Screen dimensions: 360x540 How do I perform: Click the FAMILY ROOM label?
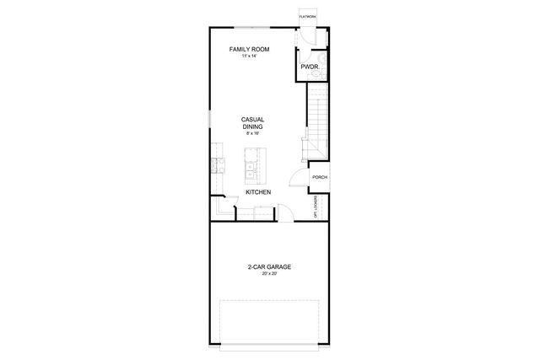pos(249,50)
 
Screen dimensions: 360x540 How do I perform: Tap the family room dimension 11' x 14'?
pos(249,57)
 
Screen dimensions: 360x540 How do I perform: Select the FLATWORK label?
pos(306,16)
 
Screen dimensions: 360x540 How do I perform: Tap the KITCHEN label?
pos(258,193)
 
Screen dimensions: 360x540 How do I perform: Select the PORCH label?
pos(320,177)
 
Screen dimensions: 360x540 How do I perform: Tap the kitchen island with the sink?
pos(251,165)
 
